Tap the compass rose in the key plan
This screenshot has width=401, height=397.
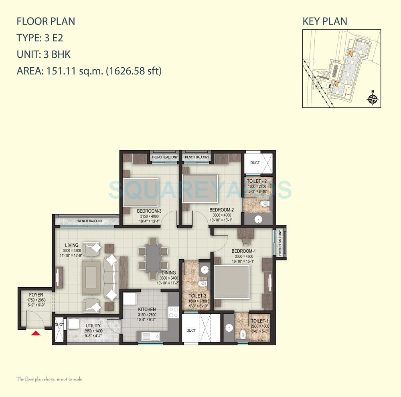pos(373,98)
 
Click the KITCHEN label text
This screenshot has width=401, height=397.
pos(147,310)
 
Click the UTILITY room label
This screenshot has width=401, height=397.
pos(93,326)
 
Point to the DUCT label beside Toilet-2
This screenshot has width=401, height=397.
pos(255,163)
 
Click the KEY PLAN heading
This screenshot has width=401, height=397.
pos(325,21)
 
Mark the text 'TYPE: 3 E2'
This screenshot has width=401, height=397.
pos(40,38)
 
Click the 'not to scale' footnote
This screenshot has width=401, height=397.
pos(49,379)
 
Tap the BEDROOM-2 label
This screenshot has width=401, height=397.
pos(221,210)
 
